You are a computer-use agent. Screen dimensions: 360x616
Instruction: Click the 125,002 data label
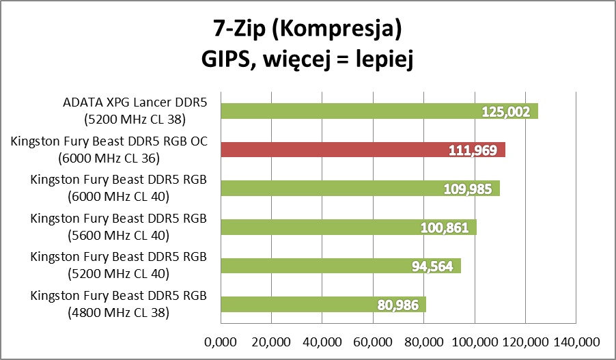(506, 111)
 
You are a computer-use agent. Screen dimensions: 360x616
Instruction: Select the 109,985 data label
(468, 189)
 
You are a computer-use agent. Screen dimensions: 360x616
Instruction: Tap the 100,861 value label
(445, 227)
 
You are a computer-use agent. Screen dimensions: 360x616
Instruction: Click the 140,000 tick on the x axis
(576, 341)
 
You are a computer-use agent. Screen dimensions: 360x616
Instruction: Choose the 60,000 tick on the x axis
(373, 341)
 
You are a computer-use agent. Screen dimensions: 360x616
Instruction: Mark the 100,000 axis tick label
(475, 341)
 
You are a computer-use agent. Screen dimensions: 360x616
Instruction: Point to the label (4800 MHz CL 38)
(120, 314)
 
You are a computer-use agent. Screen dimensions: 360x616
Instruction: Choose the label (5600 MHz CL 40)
(120, 236)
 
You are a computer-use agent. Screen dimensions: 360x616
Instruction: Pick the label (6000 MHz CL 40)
(120, 197)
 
